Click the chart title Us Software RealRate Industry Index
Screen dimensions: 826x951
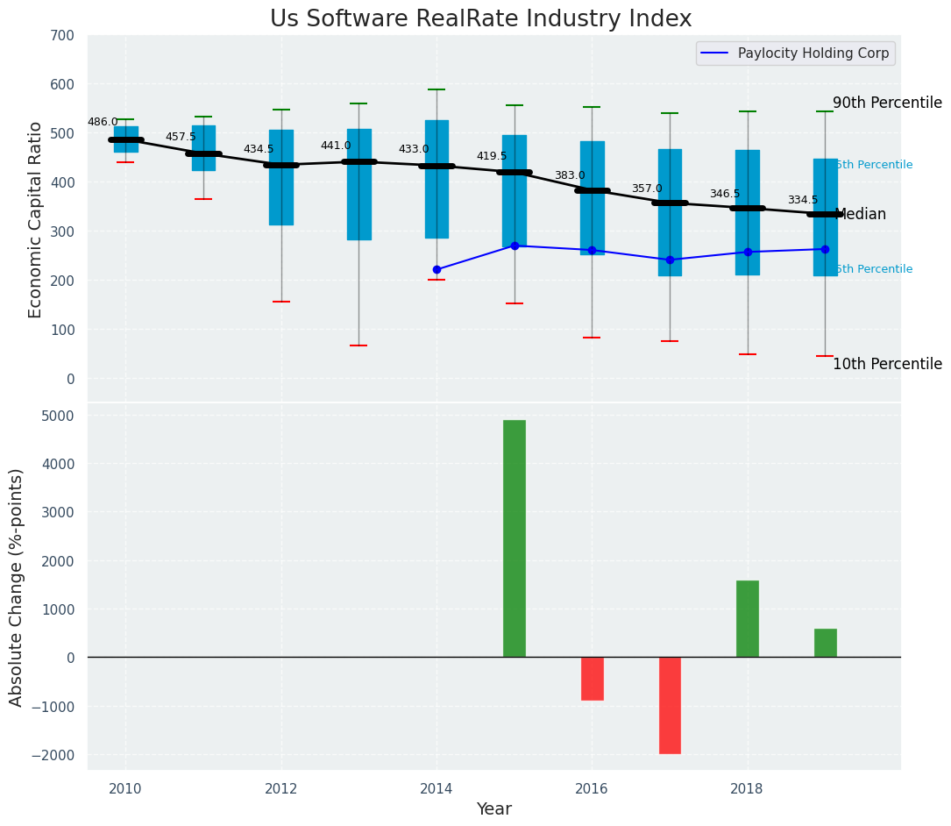480,19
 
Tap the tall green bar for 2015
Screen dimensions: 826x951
515,538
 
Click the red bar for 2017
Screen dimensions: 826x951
670,705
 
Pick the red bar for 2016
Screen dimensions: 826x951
593,679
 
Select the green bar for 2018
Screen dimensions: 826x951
748,618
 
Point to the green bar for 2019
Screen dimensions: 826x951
825,643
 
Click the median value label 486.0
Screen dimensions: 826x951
103,123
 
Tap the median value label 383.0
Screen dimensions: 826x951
569,176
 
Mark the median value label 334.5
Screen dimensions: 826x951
802,201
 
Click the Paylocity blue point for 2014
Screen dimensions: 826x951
436,270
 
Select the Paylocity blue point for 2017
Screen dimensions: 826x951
670,260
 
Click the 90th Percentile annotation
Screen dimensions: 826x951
887,103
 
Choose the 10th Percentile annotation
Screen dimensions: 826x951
887,365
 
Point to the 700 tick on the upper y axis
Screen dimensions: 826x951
67,36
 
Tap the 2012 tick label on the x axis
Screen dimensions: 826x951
281,789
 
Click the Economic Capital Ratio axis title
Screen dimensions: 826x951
36,219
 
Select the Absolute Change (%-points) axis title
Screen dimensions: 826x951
17,587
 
